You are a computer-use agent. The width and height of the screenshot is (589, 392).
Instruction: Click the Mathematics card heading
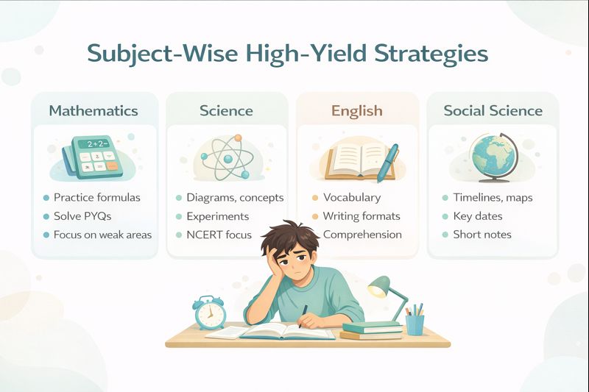tap(94, 111)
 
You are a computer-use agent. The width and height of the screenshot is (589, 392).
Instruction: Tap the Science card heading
tap(226, 111)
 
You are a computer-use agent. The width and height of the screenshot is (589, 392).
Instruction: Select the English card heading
tap(356, 111)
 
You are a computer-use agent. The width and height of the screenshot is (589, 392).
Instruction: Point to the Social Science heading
tap(493, 111)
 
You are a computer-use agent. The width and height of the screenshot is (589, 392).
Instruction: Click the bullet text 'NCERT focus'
tap(219, 235)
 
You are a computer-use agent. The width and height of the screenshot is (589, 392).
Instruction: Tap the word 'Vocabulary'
tap(352, 198)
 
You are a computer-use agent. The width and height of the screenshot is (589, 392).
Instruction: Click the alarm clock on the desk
tap(209, 313)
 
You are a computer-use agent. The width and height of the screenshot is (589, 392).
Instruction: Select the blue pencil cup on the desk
tap(415, 324)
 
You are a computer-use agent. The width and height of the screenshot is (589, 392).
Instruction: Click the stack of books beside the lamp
tap(371, 330)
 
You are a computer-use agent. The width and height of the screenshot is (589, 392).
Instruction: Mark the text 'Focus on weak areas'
tap(102, 235)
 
